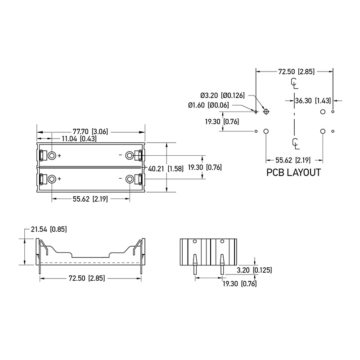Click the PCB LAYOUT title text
[293, 172]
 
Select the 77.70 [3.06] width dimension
[90, 131]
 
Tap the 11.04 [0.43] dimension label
[79, 139]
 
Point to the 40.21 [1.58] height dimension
[166, 169]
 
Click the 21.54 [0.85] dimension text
[49, 229]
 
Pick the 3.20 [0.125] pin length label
[254, 270]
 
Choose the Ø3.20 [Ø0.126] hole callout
[222, 95]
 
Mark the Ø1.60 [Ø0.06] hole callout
[208, 105]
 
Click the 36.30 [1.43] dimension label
[313, 100]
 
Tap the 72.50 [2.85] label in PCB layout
[297, 72]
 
